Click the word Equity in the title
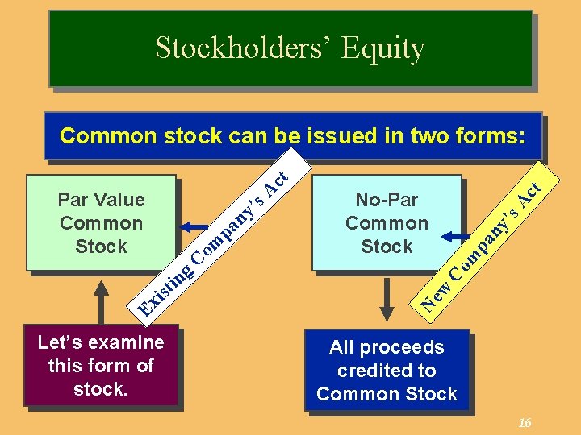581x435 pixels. coord(382,48)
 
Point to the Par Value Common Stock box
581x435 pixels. coord(101,222)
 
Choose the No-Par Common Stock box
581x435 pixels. coord(387,222)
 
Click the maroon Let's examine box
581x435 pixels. coord(101,366)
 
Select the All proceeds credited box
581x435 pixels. coord(387,371)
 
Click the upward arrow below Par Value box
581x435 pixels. coord(101,301)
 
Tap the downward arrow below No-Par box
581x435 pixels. coord(387,298)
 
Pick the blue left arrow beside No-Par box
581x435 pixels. coord(456,237)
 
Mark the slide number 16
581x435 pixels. coord(525,424)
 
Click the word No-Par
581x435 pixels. coord(387,199)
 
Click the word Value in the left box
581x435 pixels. coord(119,199)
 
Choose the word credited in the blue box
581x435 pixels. coord(387,371)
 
